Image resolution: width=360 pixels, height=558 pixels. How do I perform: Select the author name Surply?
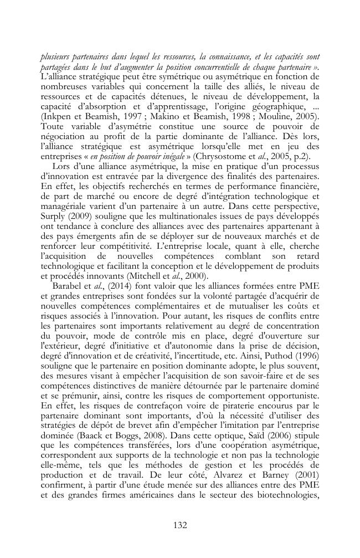pos(54,211)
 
